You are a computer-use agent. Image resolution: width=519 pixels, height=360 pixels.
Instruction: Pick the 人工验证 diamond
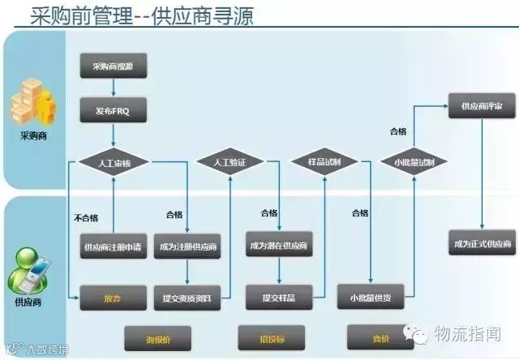[x=229, y=162]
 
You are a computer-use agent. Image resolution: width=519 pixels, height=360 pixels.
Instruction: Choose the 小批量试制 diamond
[x=414, y=162]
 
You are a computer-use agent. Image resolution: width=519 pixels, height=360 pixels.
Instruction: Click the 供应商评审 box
[x=482, y=105]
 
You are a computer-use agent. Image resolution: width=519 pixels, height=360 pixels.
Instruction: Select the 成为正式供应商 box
[x=482, y=244]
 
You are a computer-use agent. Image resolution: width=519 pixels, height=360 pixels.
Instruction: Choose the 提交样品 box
[x=279, y=298]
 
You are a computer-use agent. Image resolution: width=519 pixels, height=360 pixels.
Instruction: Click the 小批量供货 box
[x=371, y=298]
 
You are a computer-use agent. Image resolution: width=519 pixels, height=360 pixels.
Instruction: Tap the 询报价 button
[x=156, y=335]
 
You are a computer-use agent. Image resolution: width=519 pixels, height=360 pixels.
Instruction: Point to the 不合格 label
[x=86, y=217]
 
